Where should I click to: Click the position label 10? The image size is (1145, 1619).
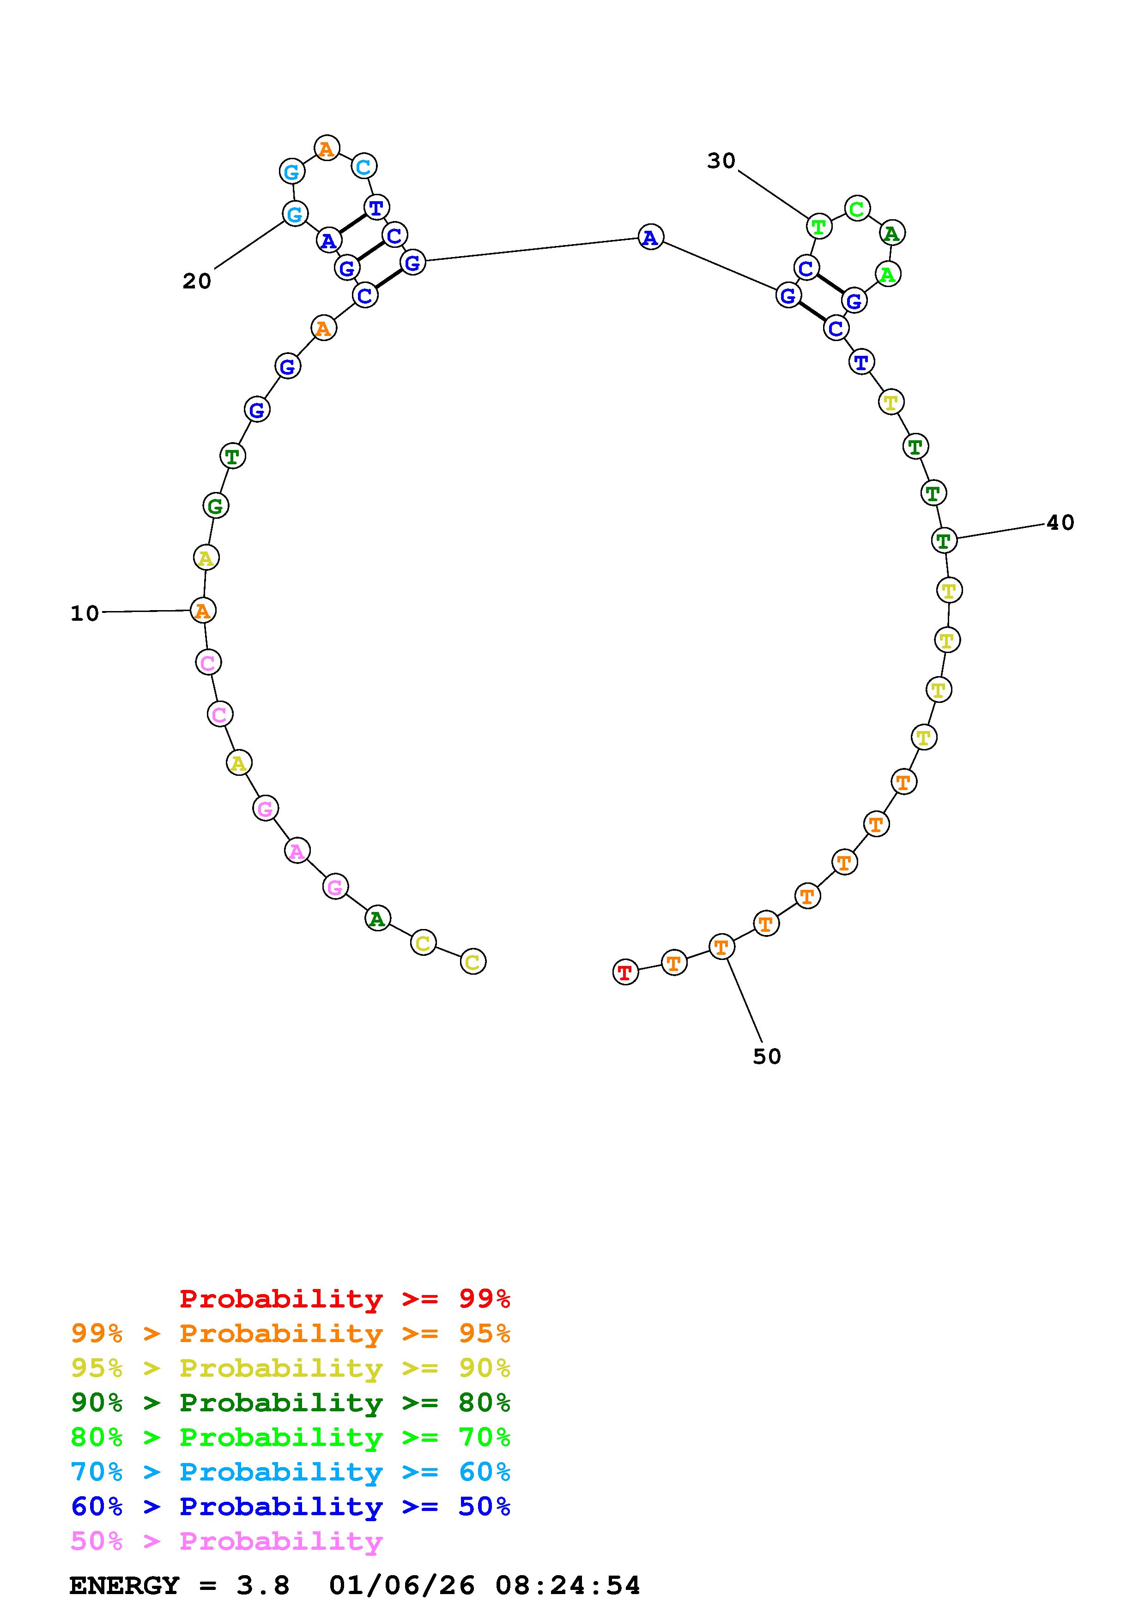point(85,613)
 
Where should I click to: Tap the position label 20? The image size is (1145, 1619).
point(197,282)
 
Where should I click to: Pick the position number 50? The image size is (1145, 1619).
point(767,1056)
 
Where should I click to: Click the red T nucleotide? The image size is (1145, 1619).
point(625,973)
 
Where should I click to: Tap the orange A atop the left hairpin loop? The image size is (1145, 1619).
point(327,148)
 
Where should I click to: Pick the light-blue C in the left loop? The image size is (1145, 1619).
point(363,167)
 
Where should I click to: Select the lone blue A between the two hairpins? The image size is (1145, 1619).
point(650,238)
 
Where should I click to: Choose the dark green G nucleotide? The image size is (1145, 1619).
point(215,505)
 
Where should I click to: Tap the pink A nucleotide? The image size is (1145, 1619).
point(297,852)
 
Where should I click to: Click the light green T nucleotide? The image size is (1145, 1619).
point(818,227)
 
